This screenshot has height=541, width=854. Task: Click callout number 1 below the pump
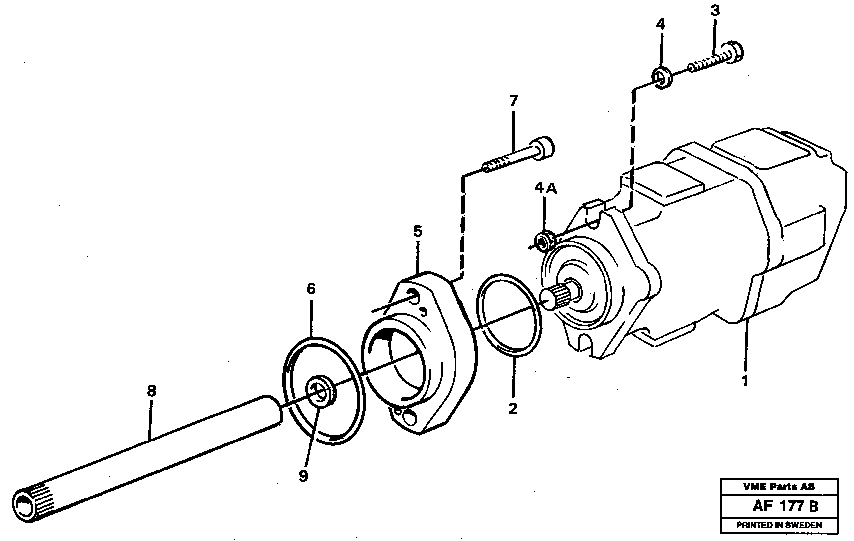[x=745, y=381]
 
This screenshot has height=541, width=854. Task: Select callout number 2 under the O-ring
[x=513, y=409]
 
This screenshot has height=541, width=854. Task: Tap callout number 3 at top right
[x=715, y=11]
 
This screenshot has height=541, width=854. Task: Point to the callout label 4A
[x=545, y=188]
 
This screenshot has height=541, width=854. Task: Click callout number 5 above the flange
[x=417, y=232]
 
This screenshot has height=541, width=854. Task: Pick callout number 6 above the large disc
[x=311, y=289]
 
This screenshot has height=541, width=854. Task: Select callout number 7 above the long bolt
[x=514, y=101]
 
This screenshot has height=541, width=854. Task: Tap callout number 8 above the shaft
[x=151, y=391]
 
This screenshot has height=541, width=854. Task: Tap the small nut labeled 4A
[x=545, y=242]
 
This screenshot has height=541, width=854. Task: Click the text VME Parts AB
[x=779, y=486]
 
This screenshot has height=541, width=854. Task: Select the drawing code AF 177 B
[x=785, y=506]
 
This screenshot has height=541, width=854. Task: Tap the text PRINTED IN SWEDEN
[x=779, y=525]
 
